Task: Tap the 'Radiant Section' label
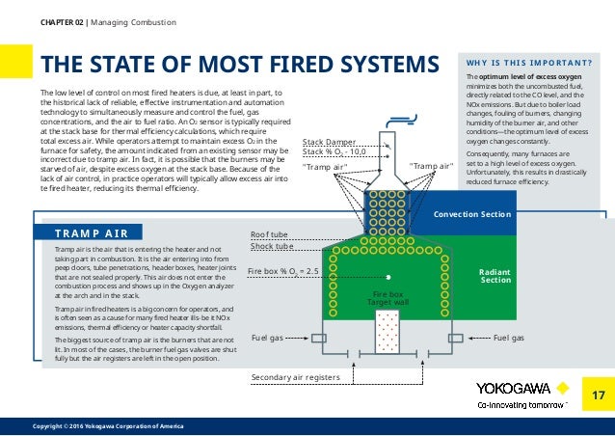495,276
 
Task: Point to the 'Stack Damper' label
329,142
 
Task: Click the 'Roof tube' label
269,234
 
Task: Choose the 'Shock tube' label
272,246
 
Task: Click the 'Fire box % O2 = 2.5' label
283,272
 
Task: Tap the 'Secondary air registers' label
295,376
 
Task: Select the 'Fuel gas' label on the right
508,339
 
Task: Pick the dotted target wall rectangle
390,333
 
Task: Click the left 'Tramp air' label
324,166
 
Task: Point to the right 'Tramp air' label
431,166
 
